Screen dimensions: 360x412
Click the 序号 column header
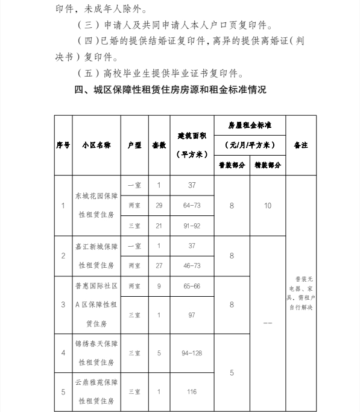(63, 145)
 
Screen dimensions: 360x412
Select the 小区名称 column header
(96, 145)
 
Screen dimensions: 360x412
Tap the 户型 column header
(134, 145)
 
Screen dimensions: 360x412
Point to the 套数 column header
(159, 145)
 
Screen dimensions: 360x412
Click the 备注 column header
(300, 145)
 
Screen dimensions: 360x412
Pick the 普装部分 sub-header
(232, 164)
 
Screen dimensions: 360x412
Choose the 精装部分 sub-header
(268, 164)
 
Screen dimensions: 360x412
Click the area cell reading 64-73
(192, 206)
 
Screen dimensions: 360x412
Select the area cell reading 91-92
(192, 226)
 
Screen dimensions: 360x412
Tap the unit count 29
(159, 206)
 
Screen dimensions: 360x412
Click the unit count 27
(159, 265)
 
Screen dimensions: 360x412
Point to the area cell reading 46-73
(192, 265)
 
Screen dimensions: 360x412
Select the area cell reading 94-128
(192, 353)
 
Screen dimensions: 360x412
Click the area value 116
(192, 391)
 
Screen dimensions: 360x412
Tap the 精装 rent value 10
(268, 206)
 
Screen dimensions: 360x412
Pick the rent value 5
(232, 373)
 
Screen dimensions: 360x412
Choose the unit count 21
(159, 226)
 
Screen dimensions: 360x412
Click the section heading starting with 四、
(170, 90)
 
